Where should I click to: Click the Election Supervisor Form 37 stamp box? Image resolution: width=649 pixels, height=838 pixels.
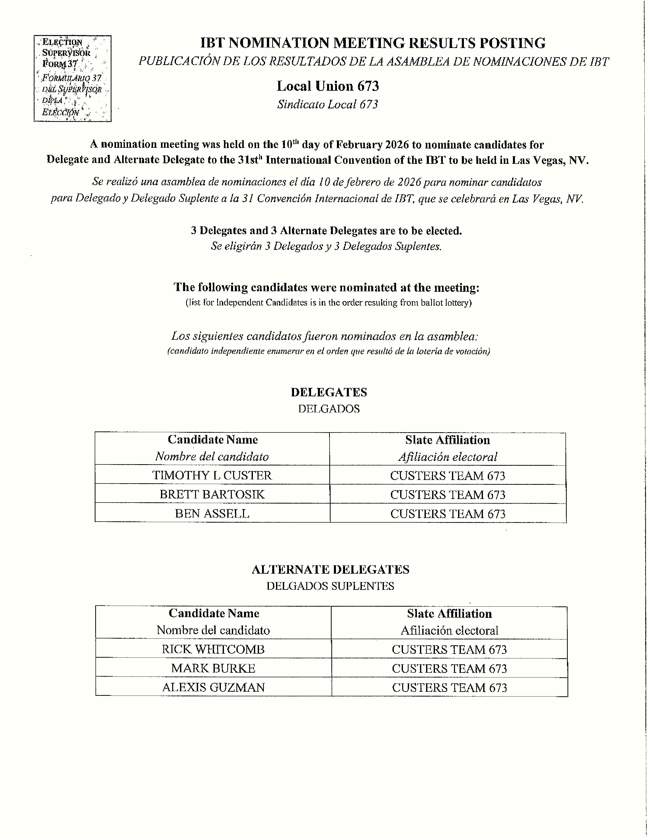coord(73,79)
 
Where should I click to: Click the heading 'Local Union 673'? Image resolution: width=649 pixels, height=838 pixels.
coord(328,86)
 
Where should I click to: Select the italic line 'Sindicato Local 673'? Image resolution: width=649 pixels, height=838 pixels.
coord(328,104)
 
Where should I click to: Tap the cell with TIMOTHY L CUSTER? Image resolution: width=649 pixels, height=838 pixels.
coord(212,475)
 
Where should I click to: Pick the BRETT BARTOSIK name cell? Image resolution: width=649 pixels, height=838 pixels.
coord(212,494)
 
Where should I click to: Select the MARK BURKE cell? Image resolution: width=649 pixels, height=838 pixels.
coord(213,668)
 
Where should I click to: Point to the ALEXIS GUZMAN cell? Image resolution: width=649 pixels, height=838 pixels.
coord(213,687)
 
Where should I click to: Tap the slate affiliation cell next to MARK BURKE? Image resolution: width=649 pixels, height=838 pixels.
coord(449,668)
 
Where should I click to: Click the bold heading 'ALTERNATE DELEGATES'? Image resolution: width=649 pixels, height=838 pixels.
coord(330,569)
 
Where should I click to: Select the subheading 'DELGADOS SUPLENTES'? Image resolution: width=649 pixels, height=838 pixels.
coord(330,586)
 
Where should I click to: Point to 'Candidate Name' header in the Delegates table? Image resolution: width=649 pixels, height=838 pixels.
coord(213,440)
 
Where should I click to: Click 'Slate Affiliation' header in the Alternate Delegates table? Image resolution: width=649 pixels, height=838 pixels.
coord(449,614)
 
